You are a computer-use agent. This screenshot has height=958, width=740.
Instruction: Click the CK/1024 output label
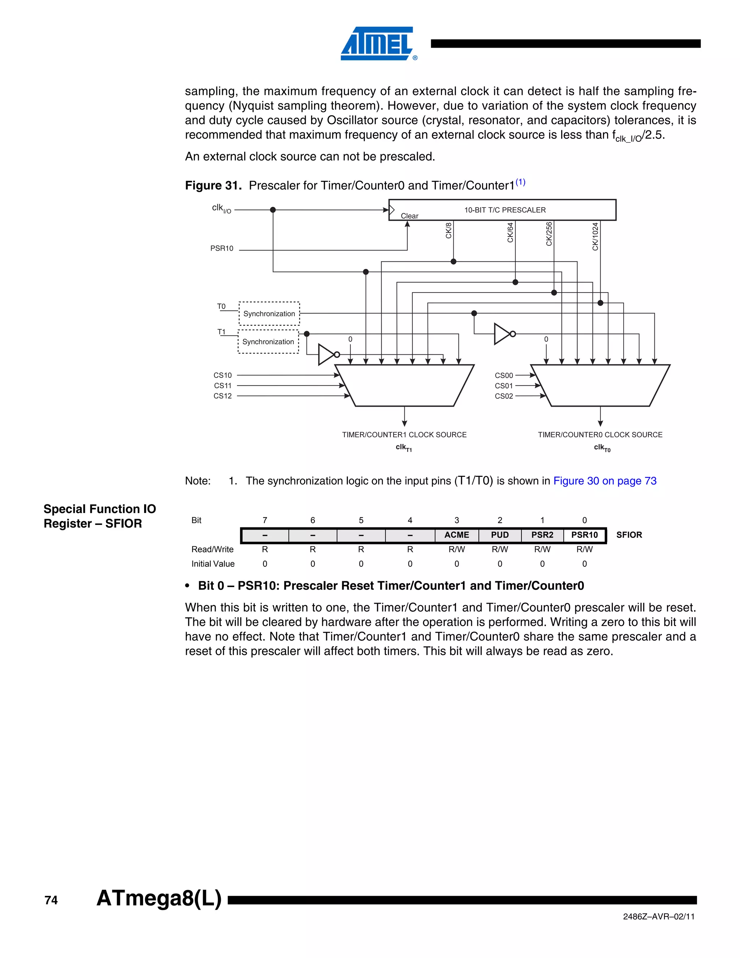pos(595,236)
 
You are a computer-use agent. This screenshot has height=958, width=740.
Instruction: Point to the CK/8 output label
pos(448,231)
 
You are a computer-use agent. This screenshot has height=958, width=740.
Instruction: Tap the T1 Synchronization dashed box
pos(268,342)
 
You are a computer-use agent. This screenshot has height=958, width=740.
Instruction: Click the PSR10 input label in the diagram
pos(222,248)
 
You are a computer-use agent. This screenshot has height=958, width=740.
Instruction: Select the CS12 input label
pos(223,395)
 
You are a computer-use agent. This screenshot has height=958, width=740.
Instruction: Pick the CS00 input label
pos(504,376)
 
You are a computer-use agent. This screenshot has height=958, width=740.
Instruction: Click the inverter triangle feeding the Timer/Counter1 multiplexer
pos(327,354)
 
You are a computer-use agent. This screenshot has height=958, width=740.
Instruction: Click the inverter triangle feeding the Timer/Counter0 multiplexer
pos(502,334)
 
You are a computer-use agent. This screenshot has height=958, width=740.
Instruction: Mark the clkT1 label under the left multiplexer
pos(404,448)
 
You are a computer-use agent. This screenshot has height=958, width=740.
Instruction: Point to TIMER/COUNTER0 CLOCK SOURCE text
pos(600,435)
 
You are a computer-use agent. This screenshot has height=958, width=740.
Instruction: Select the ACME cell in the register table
pos(457,535)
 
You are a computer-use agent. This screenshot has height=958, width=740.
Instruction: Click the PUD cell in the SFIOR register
pos(500,535)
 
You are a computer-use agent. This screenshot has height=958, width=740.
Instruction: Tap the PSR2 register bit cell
pos(542,535)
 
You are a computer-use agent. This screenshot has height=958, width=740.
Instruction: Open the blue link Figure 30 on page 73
pos(605,481)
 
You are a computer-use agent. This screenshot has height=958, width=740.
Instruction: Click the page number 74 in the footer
pos(51,900)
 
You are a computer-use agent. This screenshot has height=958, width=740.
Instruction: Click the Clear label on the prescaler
pos(409,216)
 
